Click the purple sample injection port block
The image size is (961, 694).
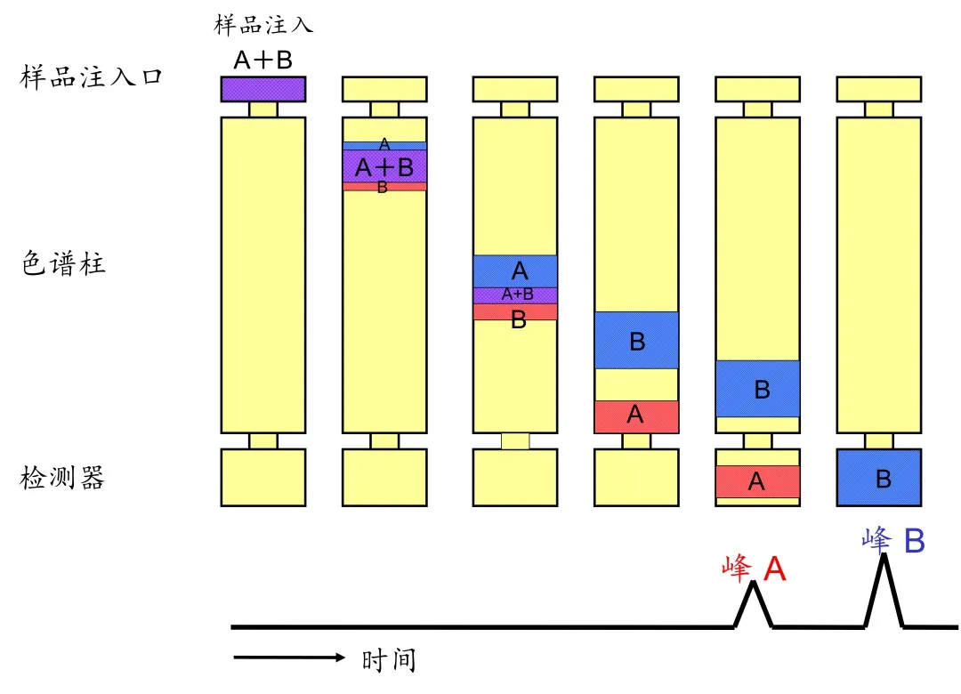coord(263,89)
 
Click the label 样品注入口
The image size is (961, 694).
coord(92,77)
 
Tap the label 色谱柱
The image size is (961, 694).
coord(63,265)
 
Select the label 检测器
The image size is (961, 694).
coord(62,478)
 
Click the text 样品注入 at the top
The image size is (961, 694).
coord(263,24)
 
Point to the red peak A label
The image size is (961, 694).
coord(755,569)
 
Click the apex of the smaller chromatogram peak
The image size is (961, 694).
coord(754,583)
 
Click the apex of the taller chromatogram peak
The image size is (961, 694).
coord(884,555)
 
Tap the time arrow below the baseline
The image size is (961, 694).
coord(289,658)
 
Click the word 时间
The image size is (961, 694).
coord(389,660)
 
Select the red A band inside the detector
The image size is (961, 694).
coord(757,481)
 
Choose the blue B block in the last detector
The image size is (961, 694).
coord(879,478)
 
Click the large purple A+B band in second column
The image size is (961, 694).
coord(384,166)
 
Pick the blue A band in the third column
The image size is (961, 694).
coord(515,271)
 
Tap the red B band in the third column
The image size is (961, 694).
coord(515,312)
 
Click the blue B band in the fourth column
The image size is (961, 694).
coord(636,340)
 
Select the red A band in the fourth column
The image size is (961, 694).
coord(636,416)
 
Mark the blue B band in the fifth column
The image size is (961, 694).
coord(757,389)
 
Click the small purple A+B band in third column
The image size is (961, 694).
coord(515,295)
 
